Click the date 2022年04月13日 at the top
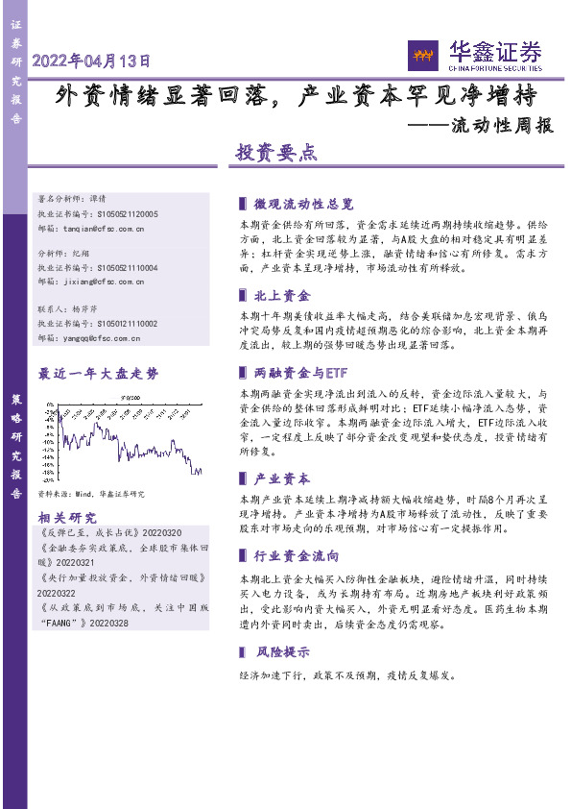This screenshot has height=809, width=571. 92,61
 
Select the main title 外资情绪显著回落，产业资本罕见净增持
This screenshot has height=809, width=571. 295,95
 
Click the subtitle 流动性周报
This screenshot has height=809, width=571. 503,125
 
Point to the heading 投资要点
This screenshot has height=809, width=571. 276,152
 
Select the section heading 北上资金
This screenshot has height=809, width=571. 282,296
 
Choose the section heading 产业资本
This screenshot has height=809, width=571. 282,478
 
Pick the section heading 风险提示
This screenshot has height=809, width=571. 282,651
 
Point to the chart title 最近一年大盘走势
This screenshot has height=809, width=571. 97,373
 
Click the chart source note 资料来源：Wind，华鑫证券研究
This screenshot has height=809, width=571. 91,493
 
